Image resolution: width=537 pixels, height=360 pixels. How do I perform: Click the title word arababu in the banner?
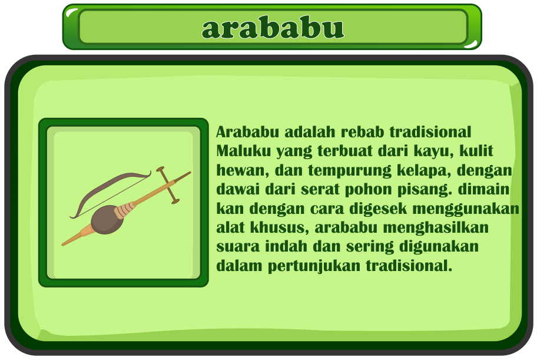[273, 28]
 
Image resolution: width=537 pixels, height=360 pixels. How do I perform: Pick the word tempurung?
[349, 171]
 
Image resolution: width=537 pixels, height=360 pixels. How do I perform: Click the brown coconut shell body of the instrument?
[107, 219]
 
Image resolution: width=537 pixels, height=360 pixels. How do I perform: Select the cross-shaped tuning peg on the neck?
[168, 185]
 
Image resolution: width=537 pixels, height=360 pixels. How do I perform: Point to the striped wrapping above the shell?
[125, 210]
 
